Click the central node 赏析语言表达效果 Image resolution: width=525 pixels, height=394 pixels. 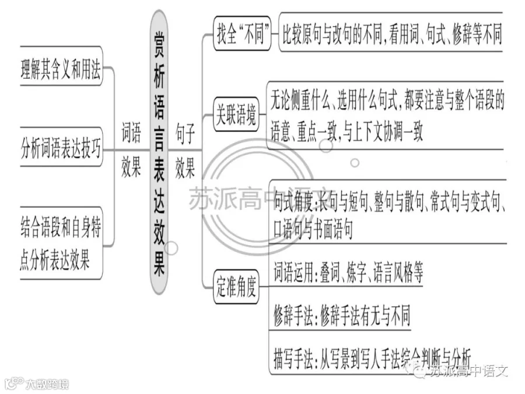coord(159,152)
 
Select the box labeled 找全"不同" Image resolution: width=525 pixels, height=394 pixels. coord(242,33)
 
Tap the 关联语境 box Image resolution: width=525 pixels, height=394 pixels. coord(236,114)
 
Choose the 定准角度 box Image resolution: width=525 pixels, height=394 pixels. coord(236,287)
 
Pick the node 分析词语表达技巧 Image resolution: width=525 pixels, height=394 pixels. coord(61,148)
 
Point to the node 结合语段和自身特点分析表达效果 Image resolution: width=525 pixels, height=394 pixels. coord(61,243)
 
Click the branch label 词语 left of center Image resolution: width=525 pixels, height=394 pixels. coord(131,133)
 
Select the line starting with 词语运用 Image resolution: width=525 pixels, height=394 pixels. coord(348,273)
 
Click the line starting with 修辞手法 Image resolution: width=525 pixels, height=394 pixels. coord(342,315)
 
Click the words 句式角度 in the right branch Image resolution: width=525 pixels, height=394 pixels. coord(293,202)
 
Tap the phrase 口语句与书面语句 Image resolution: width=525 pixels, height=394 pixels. coord(313,229)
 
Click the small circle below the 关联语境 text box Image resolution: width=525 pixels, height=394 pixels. coord(355,163)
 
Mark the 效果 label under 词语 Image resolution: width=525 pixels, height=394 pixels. coord(131,166)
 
